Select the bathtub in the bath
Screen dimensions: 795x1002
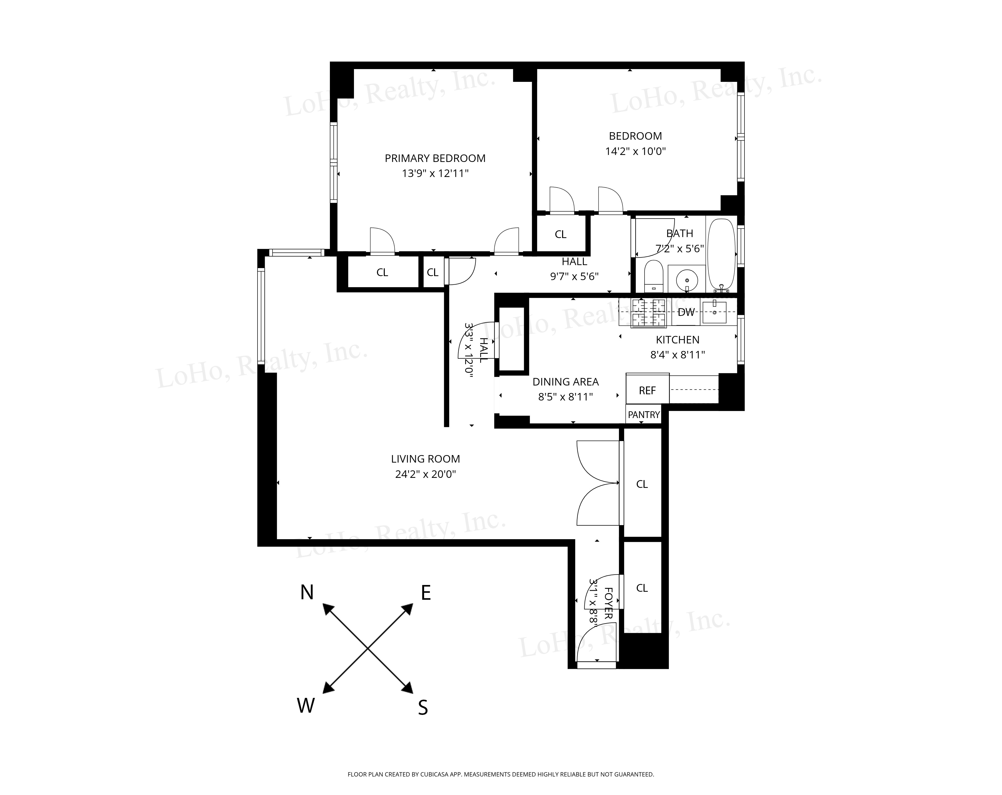click(721, 255)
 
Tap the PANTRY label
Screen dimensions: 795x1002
click(644, 415)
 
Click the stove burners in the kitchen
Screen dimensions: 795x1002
click(648, 312)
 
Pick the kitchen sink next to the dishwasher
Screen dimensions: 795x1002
click(714, 312)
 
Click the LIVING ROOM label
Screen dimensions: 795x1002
click(425, 459)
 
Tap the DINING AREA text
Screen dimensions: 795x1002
click(565, 382)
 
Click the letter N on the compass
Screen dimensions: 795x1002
click(307, 592)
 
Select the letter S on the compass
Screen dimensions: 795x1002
click(422, 708)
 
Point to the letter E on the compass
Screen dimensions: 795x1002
click(426, 593)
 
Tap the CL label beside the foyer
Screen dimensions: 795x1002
click(642, 588)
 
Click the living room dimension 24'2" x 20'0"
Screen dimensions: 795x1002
click(425, 474)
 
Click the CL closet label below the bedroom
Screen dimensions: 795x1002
click(560, 235)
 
